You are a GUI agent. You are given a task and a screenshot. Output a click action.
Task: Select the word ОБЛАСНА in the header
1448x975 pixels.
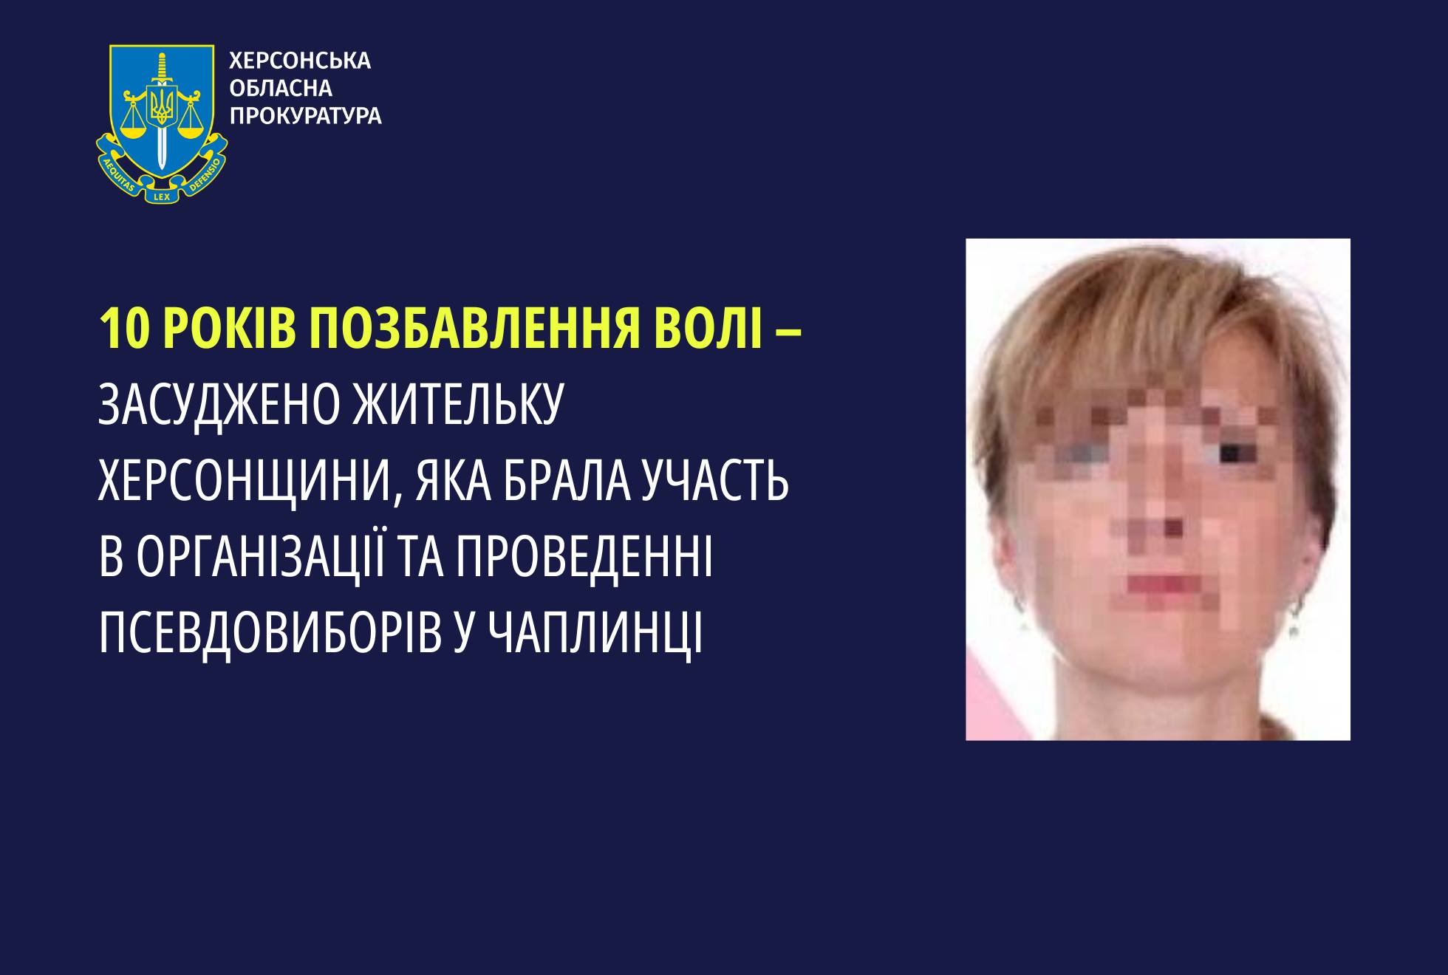coord(281,89)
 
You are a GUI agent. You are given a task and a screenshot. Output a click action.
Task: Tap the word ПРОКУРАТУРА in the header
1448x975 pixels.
coord(306,116)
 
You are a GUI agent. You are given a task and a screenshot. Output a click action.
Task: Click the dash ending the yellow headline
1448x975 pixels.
coord(788,332)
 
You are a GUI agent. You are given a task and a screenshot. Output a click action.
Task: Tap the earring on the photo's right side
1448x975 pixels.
coord(1294,626)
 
